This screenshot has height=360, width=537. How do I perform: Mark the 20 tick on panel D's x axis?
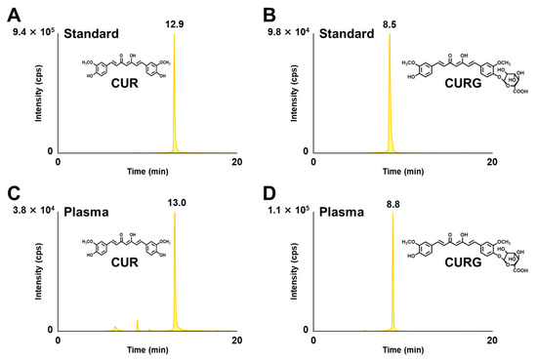point(508,340)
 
